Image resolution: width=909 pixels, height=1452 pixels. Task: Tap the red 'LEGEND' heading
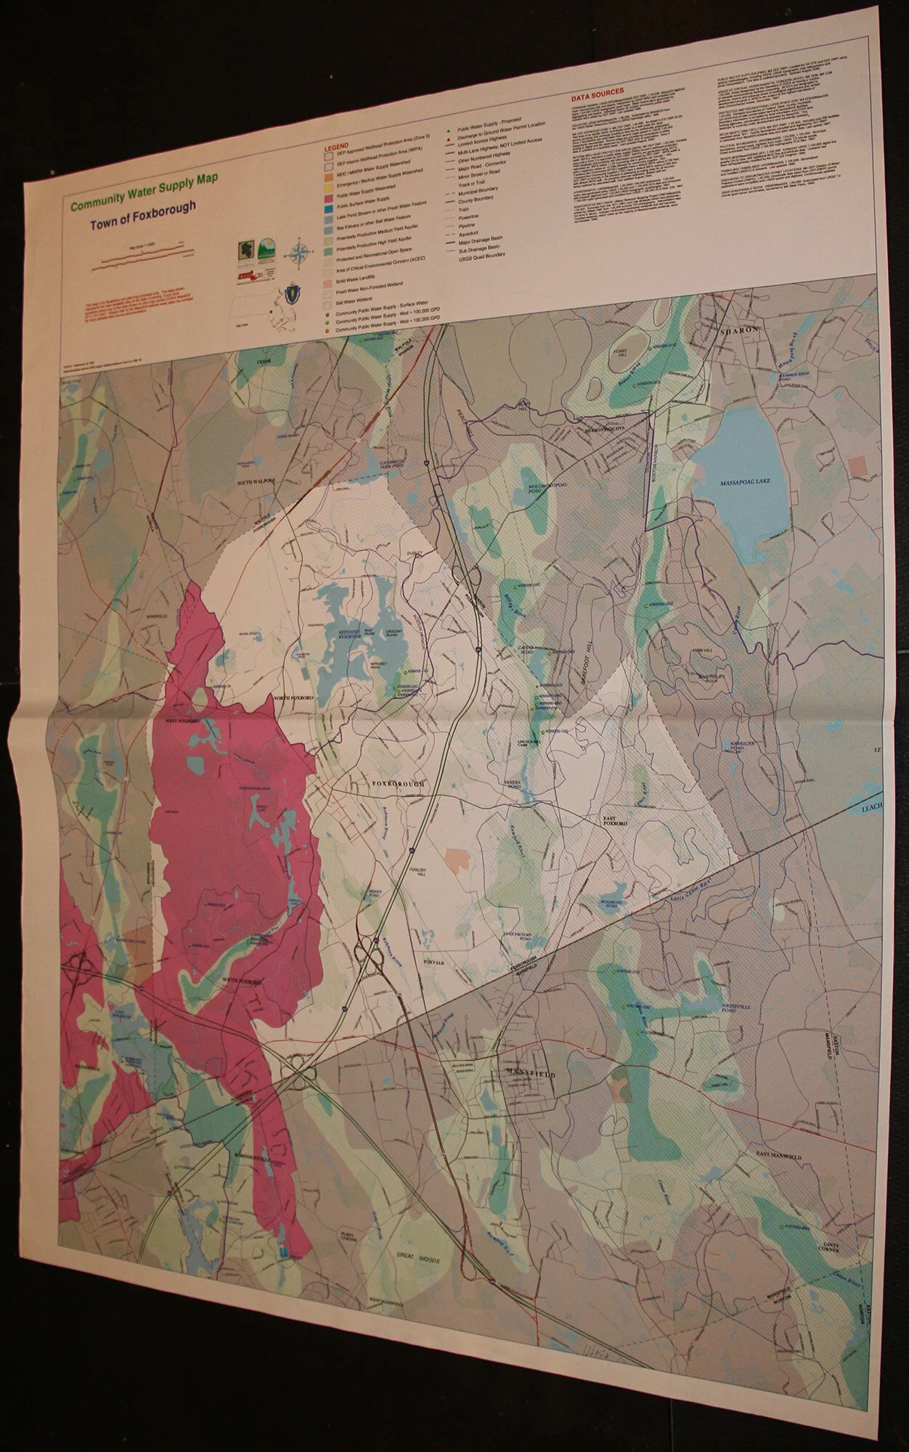click(338, 146)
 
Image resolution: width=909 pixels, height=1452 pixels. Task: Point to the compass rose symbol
click(298, 253)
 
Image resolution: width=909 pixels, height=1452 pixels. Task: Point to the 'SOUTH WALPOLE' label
click(256, 481)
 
